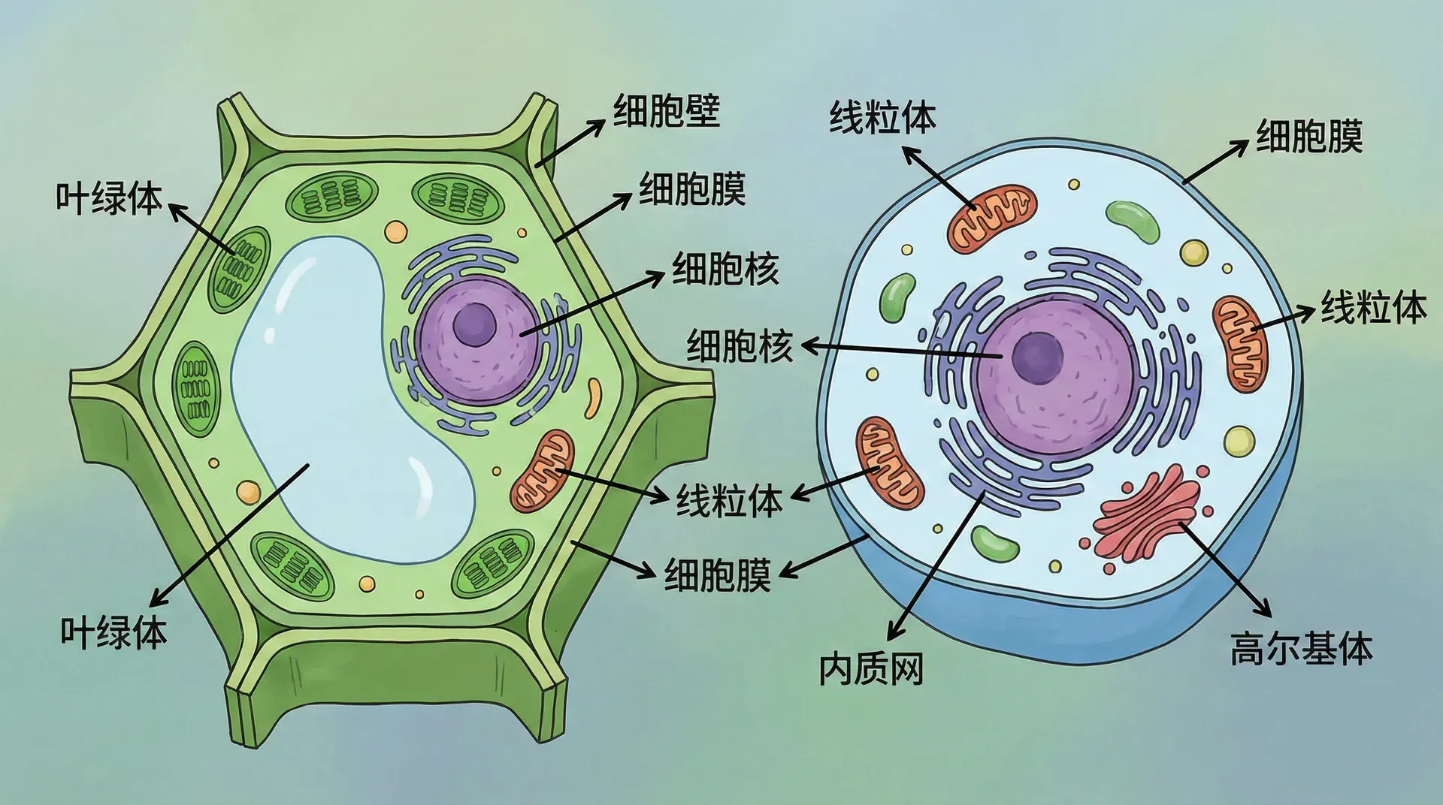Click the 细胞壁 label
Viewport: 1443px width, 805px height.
[667, 110]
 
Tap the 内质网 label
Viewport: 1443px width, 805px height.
[870, 668]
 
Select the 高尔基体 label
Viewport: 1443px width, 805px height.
[1301, 647]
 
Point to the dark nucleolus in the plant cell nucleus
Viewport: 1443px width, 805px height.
[475, 324]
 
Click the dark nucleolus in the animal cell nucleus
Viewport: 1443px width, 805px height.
[1038, 357]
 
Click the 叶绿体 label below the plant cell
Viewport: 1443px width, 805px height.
[113, 632]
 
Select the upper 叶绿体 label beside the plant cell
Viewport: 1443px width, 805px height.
[109, 197]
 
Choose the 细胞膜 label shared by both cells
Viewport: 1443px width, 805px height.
[718, 574]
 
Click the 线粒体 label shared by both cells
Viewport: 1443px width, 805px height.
[729, 500]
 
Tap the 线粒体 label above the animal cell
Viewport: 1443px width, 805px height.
[882, 118]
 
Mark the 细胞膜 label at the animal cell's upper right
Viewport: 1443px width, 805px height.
[1309, 137]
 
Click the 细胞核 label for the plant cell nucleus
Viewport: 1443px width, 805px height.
[725, 268]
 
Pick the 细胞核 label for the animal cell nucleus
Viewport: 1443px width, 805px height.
[740, 346]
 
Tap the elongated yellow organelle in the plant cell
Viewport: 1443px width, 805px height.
[594, 397]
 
